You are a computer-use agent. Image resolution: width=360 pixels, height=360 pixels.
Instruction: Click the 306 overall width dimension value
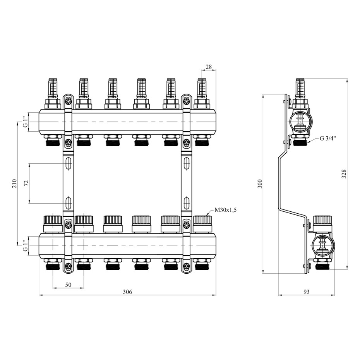coord(127,291)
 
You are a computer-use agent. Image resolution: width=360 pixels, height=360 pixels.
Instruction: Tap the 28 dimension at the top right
coord(209,67)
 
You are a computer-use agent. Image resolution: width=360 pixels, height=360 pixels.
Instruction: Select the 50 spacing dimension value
coord(68,285)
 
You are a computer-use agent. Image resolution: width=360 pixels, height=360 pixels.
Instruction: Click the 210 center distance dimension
coord(15,183)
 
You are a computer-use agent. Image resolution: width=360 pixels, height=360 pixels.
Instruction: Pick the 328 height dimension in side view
coord(344,174)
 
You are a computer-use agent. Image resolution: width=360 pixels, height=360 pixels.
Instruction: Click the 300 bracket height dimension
coord(260,183)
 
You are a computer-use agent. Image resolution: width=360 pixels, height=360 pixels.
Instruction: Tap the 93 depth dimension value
coord(306,291)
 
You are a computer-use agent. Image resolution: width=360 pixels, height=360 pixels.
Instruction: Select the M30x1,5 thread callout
coord(225,210)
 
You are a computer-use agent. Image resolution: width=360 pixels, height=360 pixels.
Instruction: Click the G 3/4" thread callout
coord(328,139)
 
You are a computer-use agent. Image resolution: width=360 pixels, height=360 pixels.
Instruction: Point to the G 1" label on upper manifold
coord(26,122)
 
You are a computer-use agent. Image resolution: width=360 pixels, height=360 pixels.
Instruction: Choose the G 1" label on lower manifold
coord(26,246)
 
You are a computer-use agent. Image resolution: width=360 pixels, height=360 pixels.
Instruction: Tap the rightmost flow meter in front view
coord(202,94)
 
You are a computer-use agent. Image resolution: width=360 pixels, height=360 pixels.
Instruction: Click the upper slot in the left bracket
coord(68,163)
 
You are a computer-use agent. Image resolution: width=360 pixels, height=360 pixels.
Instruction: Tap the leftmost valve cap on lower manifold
coord(53,224)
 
